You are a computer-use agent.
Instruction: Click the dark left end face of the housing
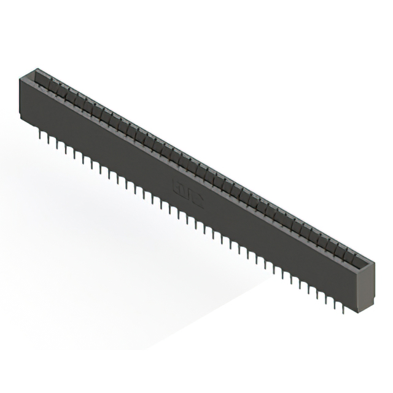pyautogui.click(x=21, y=98)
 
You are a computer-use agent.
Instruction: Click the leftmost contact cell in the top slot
pyautogui.click(x=42, y=80)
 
